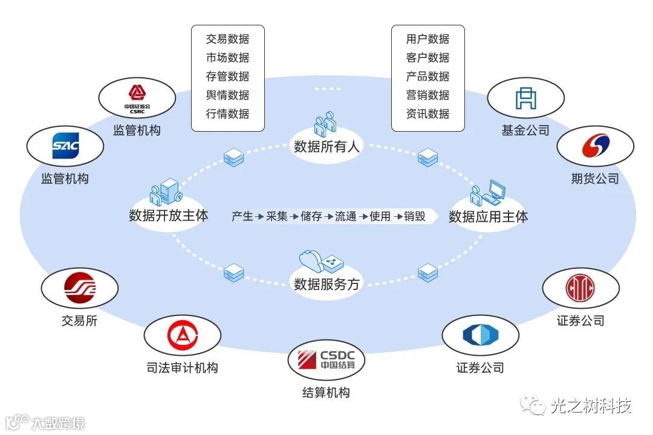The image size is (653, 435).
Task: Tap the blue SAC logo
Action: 65,146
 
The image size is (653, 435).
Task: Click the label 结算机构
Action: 326,393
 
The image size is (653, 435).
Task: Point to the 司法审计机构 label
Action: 182,367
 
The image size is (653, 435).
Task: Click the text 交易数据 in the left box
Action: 227,39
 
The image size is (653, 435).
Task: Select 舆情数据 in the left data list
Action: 227,95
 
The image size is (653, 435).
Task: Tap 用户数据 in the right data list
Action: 427,39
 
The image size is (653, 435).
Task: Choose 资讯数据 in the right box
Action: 427,114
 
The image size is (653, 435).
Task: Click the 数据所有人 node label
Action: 326,147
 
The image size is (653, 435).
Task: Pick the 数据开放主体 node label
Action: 168,215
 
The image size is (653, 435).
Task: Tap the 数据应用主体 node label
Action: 488,216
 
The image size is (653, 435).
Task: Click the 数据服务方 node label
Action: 326,284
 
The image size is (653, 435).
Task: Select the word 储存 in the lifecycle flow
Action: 311,216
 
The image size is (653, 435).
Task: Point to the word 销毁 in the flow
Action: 415,216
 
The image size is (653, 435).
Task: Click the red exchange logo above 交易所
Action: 80,288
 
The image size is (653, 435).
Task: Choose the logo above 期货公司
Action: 595,146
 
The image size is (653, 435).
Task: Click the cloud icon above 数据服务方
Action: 313,260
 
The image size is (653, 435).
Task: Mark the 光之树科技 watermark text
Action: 591,407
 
